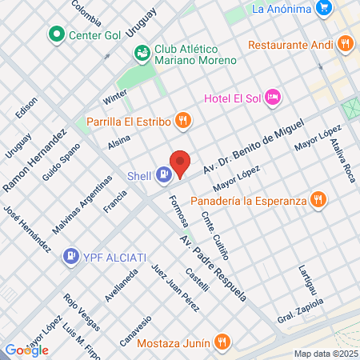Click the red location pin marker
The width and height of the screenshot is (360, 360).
point(181,163)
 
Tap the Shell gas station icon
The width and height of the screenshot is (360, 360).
point(163,174)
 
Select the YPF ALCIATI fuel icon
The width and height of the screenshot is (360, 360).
point(70,256)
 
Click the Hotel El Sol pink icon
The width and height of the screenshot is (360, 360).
point(273,98)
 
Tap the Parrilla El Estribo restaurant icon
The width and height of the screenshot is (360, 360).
point(183,122)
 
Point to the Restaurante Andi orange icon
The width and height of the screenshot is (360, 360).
point(345,44)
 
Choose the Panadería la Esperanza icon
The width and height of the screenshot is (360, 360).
point(318,200)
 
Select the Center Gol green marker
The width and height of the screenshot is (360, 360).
point(56,34)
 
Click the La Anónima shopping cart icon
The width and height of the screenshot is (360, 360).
point(323,9)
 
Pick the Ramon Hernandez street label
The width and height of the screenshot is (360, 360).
point(34,161)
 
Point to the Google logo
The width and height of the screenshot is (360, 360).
point(26,350)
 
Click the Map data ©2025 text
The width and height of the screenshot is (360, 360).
point(325,354)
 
